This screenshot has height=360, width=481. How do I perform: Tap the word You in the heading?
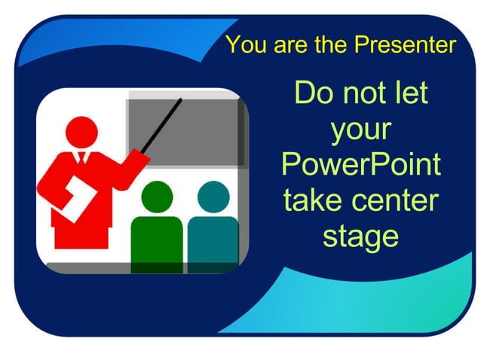[243, 44]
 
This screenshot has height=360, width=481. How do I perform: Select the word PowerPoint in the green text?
[360, 165]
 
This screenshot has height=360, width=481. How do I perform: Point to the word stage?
[360, 235]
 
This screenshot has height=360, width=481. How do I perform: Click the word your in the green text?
[360, 130]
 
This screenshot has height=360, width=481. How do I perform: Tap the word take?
[310, 200]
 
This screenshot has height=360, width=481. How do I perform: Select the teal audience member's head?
[213, 197]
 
